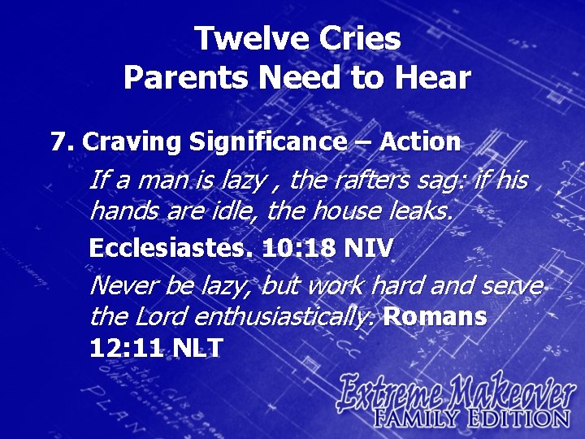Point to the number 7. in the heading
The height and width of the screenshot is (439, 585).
[63, 142]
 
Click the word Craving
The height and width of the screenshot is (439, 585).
[132, 142]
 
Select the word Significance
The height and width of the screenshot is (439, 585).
[267, 142]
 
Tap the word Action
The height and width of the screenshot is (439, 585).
[420, 142]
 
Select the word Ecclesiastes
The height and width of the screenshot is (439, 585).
[171, 248]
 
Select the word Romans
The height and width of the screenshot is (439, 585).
[435, 318]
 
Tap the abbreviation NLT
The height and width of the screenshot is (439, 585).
[196, 348]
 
